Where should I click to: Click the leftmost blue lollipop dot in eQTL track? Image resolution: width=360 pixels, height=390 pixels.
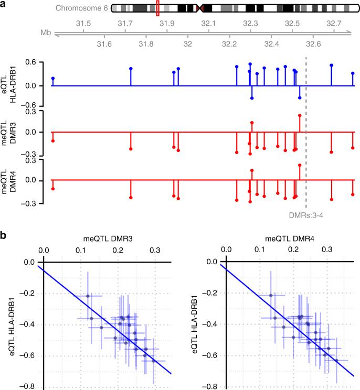[x=53, y=78]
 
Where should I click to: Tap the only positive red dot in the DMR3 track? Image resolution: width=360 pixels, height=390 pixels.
[x=299, y=115]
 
